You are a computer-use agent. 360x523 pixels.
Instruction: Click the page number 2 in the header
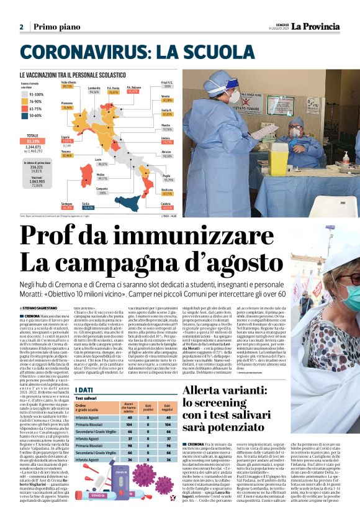point(21,27)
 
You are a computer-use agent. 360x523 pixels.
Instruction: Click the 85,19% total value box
point(33,141)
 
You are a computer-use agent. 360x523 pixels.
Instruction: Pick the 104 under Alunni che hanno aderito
point(129,424)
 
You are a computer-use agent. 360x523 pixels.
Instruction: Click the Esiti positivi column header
point(148,406)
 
